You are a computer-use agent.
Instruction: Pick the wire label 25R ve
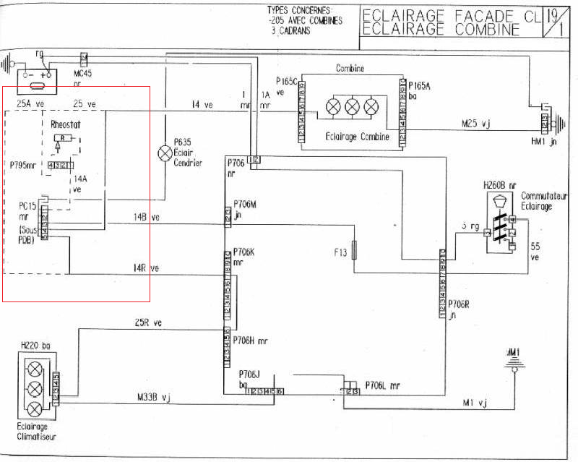[x=148, y=322]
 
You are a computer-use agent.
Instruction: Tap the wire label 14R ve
[x=145, y=268]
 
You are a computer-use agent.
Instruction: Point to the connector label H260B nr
[x=499, y=186]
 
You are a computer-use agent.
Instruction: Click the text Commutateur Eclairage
[x=536, y=201]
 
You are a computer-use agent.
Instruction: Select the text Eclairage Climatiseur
[x=36, y=432]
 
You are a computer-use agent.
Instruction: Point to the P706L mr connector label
[x=383, y=385]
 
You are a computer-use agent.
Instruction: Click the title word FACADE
[x=462, y=15]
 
